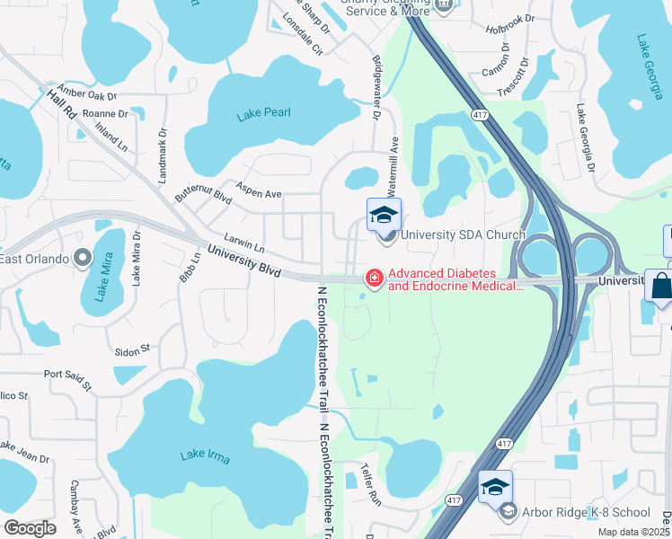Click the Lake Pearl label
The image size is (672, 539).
point(265,114)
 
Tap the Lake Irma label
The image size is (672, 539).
point(205,456)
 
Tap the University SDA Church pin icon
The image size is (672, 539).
point(386,235)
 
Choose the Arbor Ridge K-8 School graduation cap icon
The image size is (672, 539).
point(495,487)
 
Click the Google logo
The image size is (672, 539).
point(30,527)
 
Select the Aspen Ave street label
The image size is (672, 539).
point(259,193)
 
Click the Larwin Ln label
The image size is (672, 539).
point(245,243)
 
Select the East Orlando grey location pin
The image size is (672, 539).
point(83,260)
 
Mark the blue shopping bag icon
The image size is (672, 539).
point(660,287)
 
